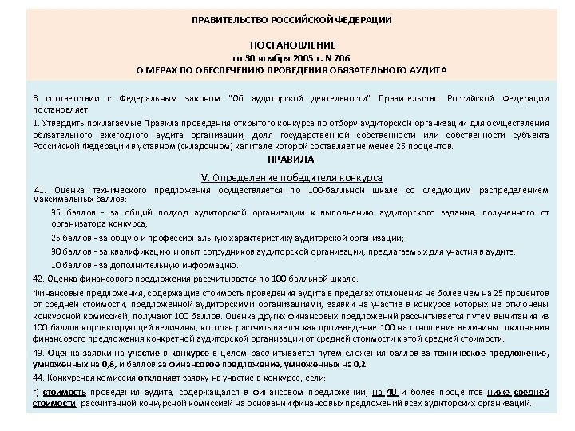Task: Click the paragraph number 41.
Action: point(41,190)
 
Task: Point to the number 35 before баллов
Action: point(56,212)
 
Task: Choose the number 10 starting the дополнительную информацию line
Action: point(56,265)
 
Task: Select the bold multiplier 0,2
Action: point(363,364)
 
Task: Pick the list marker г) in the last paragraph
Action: point(36,393)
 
